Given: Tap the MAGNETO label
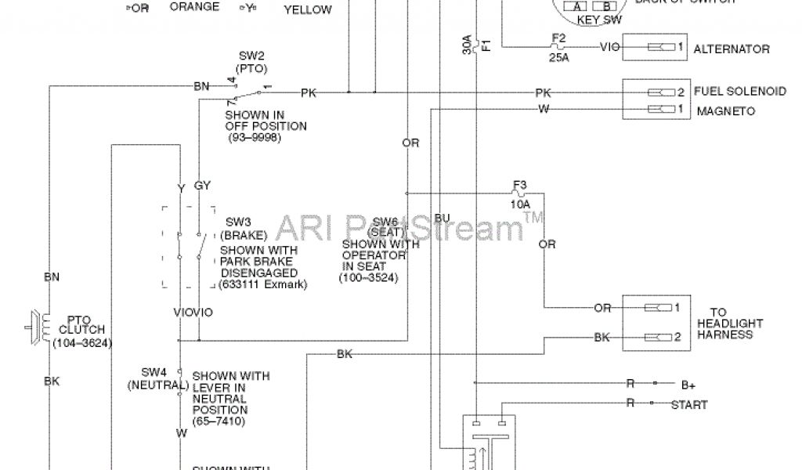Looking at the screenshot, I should click(725, 111).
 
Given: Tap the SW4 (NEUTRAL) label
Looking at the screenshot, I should click(157, 378).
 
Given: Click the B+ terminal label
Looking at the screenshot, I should click(689, 385).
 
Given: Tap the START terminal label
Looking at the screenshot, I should click(689, 405).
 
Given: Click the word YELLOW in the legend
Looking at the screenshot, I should click(308, 10).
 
